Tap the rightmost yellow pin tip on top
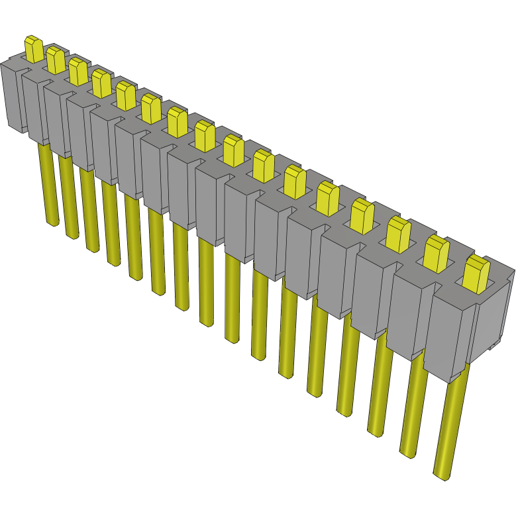pyautogui.click(x=476, y=274)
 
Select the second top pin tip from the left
pyautogui.click(x=55, y=60)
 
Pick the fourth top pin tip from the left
pyautogui.click(x=101, y=83)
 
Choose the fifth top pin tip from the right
pyautogui.click(x=327, y=197)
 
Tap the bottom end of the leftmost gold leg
pyautogui.click(x=52, y=223)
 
